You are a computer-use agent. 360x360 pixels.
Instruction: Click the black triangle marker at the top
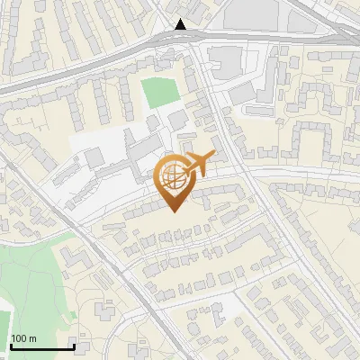pyautogui.click(x=181, y=24)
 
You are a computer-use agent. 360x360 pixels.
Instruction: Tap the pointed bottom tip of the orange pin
pyautogui.click(x=175, y=211)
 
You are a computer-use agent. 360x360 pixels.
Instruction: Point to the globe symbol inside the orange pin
pyautogui.click(x=175, y=175)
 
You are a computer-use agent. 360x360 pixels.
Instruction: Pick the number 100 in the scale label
pyautogui.click(x=20, y=338)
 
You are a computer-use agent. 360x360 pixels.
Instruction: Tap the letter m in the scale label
pyautogui.click(x=32, y=338)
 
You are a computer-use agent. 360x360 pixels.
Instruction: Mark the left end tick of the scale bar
pyautogui.click(x=10, y=345)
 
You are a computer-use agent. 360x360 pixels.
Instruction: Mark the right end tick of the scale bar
pyautogui.click(x=73, y=345)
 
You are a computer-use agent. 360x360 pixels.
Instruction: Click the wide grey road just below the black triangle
pyautogui.click(x=180, y=40)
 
